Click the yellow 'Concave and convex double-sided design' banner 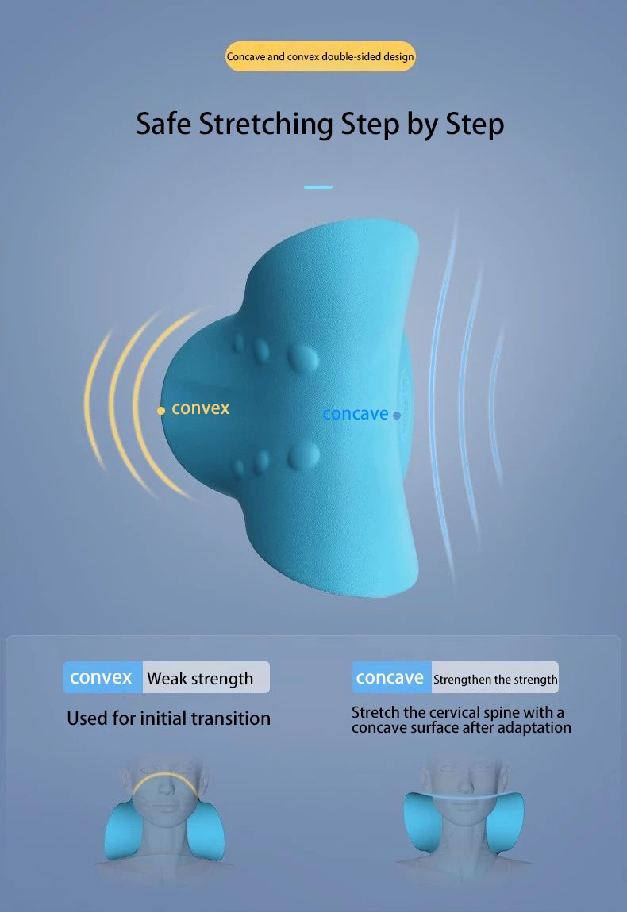point(320,56)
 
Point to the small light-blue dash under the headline point(318,186)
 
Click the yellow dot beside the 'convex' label point(161,411)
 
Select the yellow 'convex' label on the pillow point(200,408)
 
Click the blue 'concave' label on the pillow point(355,414)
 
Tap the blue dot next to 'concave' point(397,416)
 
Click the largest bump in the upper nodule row point(303,358)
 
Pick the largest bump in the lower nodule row point(303,455)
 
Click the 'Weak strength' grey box point(206,677)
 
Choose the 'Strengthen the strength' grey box point(494,677)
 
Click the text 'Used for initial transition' point(169,718)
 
